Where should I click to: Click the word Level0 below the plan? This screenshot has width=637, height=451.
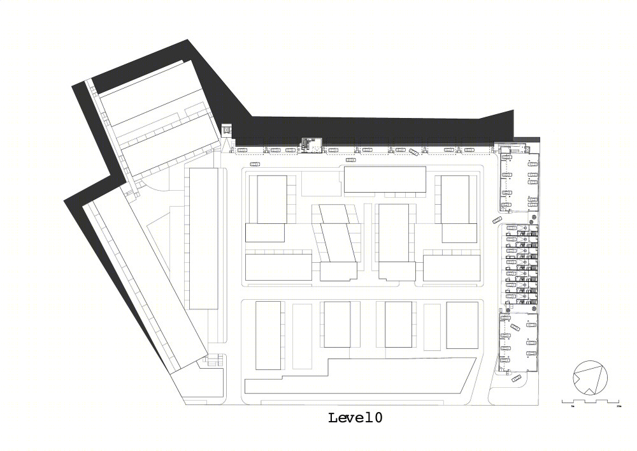pos(355,418)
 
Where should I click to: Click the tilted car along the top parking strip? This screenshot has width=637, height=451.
pos(415,152)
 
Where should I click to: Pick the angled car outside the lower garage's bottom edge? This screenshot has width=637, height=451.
pos(516,379)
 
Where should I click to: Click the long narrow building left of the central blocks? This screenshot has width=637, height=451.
pos(204,239)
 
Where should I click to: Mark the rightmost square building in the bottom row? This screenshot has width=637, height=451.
pos(462,325)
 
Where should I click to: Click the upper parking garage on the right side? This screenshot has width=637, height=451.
pos(519,182)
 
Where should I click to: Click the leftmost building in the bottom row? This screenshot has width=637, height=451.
pos(268,336)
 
